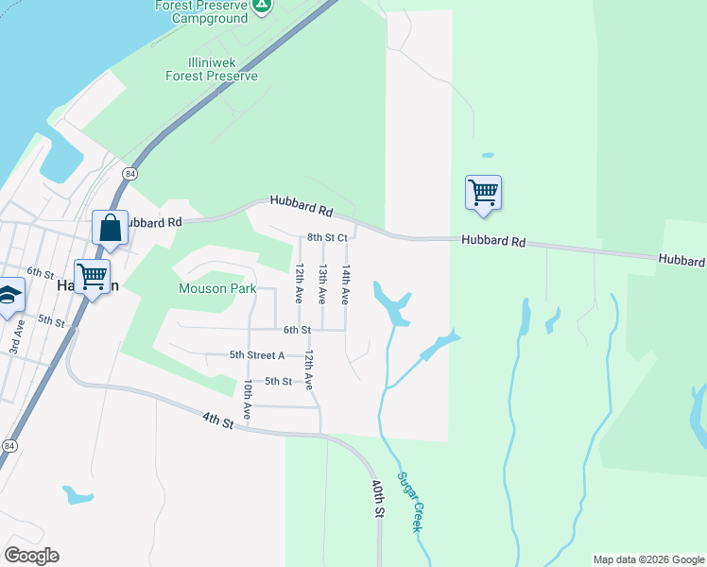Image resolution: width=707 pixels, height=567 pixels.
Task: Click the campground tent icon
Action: pos(263,6)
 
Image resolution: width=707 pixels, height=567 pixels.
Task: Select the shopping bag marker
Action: pos(110,228)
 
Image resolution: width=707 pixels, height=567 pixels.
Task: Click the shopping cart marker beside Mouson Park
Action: pos(92,277)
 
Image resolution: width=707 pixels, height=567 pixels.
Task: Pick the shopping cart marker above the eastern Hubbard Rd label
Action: pos(483,192)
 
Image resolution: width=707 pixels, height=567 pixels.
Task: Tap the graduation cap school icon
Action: pos(8,295)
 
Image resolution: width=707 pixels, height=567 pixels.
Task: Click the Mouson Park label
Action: pos(218,288)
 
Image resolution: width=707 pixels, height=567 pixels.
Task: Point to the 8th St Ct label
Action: pos(327,238)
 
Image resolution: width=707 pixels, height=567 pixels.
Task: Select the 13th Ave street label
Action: pos(322,283)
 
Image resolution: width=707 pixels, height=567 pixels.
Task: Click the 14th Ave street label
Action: pos(346,283)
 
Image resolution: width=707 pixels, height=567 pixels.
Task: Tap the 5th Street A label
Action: pos(257,355)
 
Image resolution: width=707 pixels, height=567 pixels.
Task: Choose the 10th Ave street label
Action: pos(247,400)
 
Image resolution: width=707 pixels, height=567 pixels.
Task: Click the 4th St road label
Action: pos(217,420)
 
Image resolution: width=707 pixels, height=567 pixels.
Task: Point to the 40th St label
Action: pos(378,498)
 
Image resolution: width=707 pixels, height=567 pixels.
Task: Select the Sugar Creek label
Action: pos(409,501)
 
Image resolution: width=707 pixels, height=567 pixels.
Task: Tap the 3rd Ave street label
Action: pos(17,337)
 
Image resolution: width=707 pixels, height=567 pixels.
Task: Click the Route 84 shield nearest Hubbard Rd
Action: pos(129,174)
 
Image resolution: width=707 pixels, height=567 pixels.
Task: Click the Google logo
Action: pos(32,556)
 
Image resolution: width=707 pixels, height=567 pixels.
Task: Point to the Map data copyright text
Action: pos(648,559)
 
